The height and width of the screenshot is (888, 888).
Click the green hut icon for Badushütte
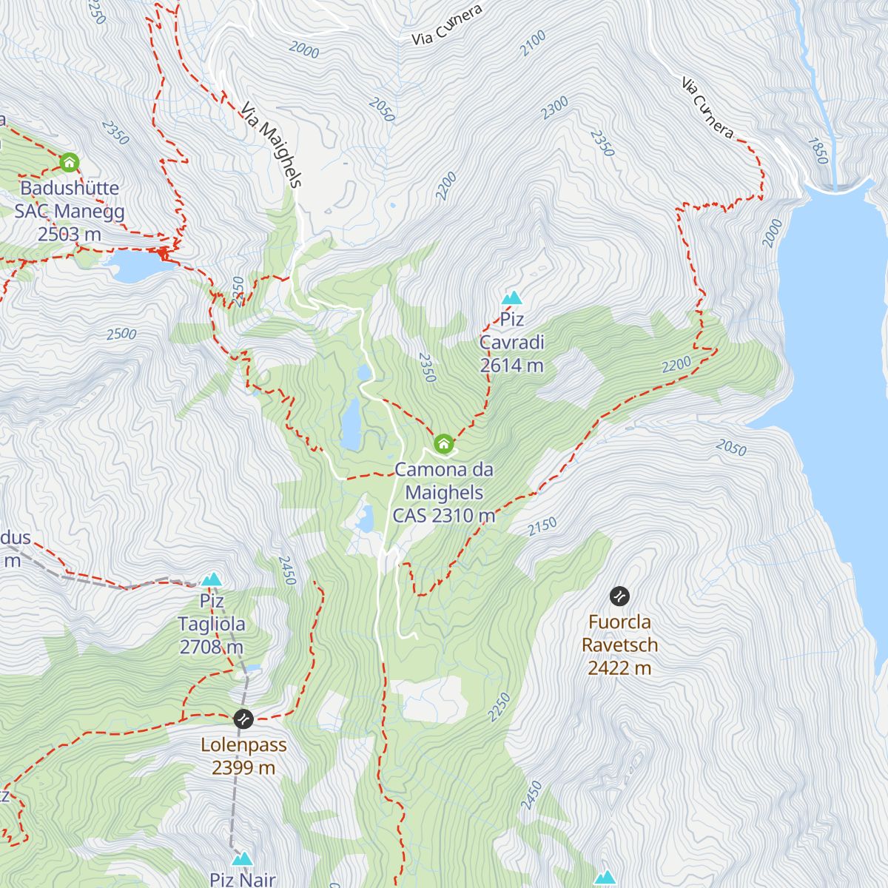[x=69, y=162]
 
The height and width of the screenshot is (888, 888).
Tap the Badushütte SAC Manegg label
[x=70, y=211]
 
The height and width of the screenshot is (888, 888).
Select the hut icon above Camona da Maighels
[x=443, y=443]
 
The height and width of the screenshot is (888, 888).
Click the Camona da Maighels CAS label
[x=444, y=493]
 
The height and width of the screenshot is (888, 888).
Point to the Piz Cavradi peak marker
[x=512, y=298]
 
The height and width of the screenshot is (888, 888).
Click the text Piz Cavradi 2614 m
[x=511, y=343]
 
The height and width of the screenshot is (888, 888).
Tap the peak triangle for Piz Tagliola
[x=212, y=579]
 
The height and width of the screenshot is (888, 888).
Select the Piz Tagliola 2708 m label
[x=212, y=625]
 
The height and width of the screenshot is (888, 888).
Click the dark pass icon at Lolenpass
[x=243, y=719]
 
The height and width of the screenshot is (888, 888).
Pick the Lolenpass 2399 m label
[x=243, y=756]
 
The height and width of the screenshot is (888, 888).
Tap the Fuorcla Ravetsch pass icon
[x=619, y=596]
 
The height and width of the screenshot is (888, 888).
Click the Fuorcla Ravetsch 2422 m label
[x=619, y=645]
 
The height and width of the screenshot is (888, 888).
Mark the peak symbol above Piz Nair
[x=242, y=858]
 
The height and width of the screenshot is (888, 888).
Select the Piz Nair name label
[x=242, y=879]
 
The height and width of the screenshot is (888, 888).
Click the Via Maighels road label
[x=272, y=145]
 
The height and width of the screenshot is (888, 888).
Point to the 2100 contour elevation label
[x=532, y=43]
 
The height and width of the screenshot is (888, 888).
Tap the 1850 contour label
[x=818, y=151]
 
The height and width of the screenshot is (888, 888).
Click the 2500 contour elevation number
[x=121, y=334]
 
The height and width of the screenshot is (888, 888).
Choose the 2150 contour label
[x=542, y=527]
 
